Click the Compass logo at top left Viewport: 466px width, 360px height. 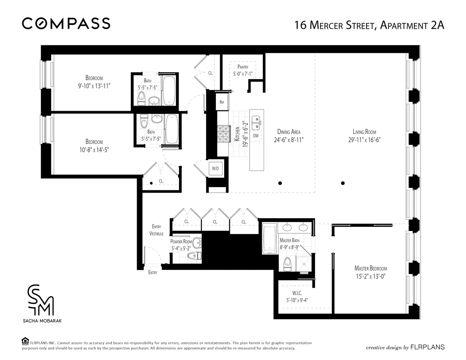click(x=66, y=24)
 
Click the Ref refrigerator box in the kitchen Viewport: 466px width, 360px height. click(x=222, y=102)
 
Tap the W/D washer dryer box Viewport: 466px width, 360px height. click(x=215, y=169)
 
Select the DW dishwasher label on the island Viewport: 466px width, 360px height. click(x=256, y=136)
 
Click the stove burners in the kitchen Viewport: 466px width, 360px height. click(x=224, y=133)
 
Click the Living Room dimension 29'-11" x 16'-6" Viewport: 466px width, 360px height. click(x=364, y=140)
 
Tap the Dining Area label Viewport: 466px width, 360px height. click(x=289, y=132)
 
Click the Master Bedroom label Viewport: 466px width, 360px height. click(x=370, y=268)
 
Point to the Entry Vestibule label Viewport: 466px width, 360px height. click(x=156, y=230)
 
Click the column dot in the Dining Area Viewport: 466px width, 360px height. click(x=280, y=183)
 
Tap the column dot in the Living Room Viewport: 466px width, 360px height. click(x=343, y=183)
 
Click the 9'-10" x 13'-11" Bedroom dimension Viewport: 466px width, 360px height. click(x=94, y=85)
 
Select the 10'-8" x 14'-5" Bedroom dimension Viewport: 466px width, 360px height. click(x=94, y=149)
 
